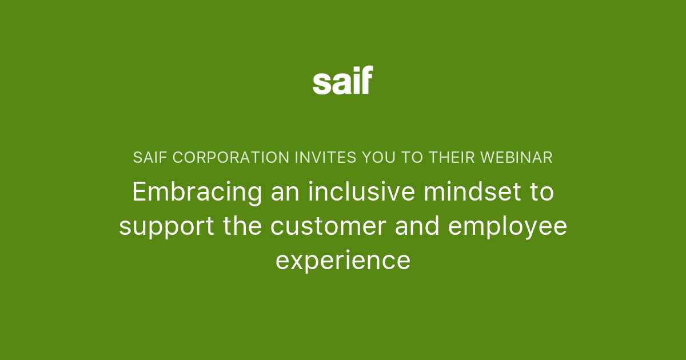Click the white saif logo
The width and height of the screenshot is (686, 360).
[342, 80]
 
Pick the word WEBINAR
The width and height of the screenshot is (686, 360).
[517, 158]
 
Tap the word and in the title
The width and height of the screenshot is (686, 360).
[422, 226]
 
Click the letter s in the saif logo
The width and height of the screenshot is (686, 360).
[322, 84]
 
